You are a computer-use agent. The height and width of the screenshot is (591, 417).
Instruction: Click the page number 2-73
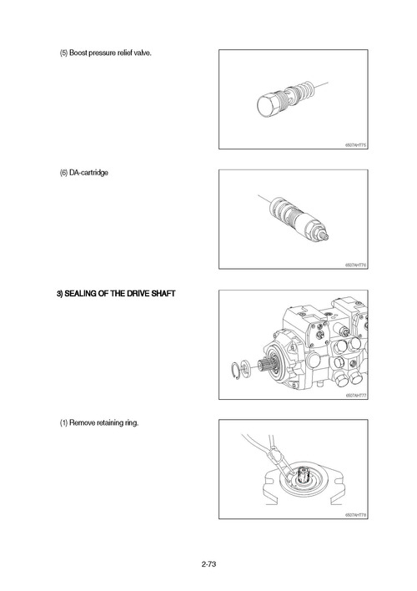(208, 565)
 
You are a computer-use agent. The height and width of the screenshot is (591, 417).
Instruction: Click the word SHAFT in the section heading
(158, 294)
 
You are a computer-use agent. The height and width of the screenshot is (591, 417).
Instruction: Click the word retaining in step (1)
(111, 423)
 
